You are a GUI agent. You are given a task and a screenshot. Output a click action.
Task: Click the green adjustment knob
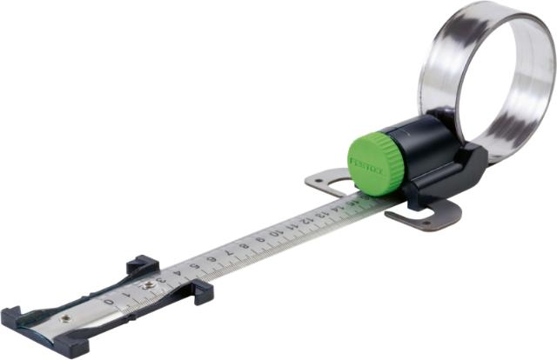click(x=376, y=160)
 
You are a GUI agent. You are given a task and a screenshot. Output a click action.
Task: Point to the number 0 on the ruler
click(x=109, y=301)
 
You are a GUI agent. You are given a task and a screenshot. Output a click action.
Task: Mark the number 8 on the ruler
click(x=243, y=246)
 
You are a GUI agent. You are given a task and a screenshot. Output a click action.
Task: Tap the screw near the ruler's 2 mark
click(x=150, y=284)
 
